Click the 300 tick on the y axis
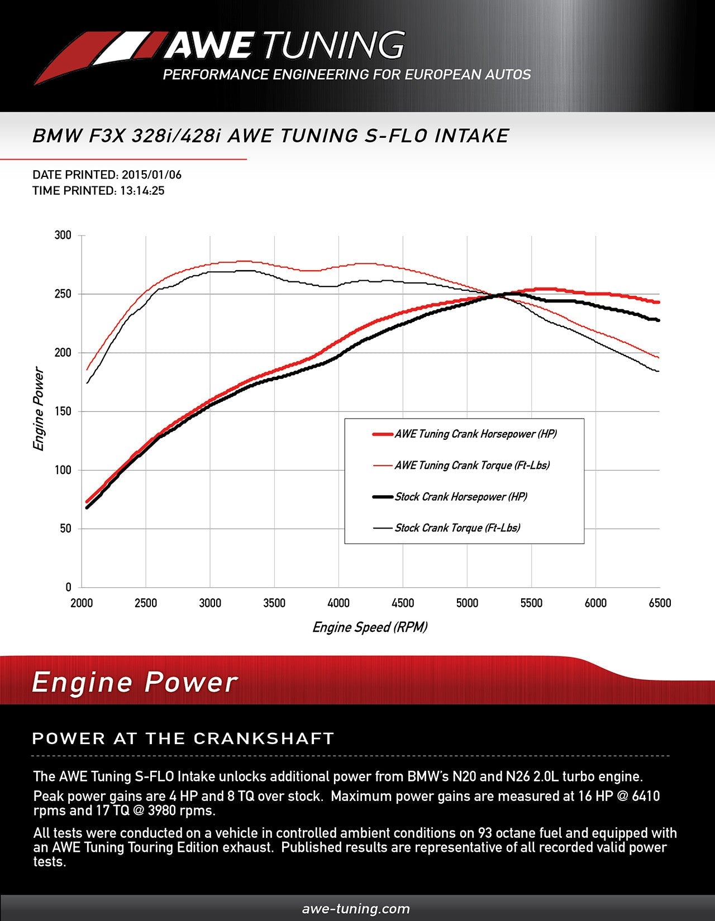[63, 235]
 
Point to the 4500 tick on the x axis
[403, 603]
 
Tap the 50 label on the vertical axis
[66, 529]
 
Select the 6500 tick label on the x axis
[660, 603]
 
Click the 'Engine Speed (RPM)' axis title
[370, 627]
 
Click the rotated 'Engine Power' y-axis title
[39, 409]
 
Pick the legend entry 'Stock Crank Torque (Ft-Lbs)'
[457, 528]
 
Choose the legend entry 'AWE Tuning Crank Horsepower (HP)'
[475, 434]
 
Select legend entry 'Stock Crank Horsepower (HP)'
[461, 497]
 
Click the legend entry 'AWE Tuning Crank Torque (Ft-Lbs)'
[472, 466]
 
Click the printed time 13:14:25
[141, 191]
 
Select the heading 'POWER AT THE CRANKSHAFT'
[183, 738]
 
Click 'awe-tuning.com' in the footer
[356, 909]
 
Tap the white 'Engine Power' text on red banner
[135, 683]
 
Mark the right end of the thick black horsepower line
[659, 320]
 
